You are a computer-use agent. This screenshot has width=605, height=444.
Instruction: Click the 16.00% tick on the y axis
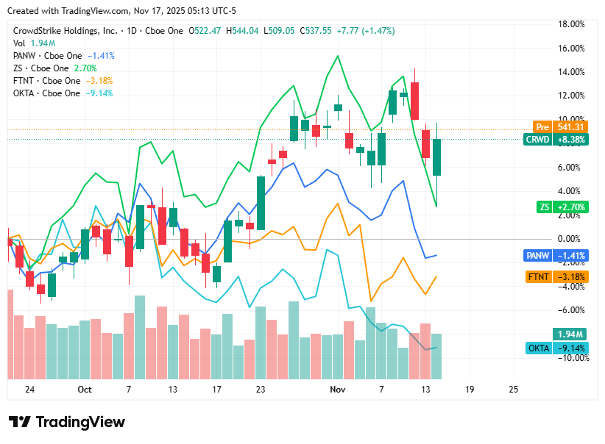572,49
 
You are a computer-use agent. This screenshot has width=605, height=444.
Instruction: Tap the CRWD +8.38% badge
556,140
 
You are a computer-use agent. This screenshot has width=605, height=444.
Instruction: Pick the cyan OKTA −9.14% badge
556,348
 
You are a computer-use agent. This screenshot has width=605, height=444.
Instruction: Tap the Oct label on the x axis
84,389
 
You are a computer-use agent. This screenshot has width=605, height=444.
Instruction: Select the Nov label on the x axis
337,389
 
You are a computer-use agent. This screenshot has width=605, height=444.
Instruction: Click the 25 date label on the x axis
513,389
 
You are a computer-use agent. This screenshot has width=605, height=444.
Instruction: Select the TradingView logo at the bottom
67,422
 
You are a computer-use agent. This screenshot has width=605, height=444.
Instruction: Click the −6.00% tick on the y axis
572,310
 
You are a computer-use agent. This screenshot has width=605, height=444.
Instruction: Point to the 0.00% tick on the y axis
573,239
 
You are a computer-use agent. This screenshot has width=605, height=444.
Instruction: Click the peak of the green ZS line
338,56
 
